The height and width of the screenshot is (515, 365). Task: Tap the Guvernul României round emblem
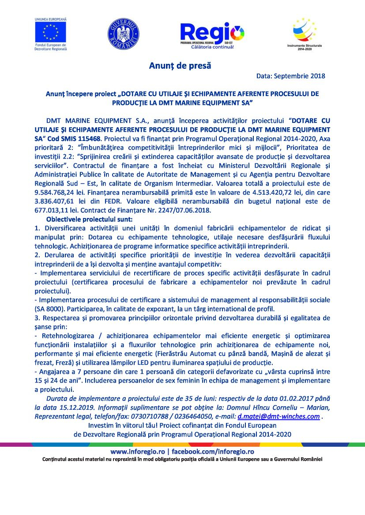[123, 34]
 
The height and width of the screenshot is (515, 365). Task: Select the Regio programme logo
[212, 35]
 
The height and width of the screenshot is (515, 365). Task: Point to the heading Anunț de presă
[180, 66]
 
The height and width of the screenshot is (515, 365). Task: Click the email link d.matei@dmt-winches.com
[278, 416]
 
